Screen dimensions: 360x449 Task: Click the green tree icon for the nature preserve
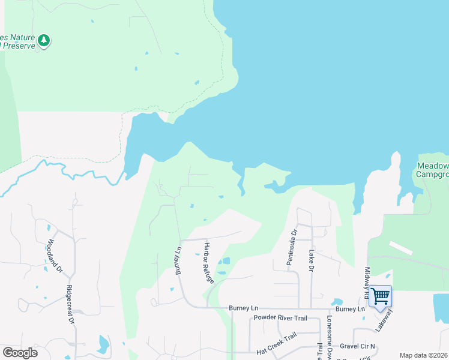pos(43,40)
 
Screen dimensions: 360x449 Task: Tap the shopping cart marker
pos(380,296)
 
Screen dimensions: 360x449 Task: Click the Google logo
pos(20,353)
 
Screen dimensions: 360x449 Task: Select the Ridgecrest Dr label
pos(69,308)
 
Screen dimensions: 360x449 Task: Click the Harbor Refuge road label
pos(208,263)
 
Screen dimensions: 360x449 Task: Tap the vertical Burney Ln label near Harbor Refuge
pos(178,260)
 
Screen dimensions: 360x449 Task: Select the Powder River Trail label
pos(280,317)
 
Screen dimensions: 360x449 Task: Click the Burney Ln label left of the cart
pos(350,309)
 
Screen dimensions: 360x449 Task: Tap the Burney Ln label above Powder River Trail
pos(243,308)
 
